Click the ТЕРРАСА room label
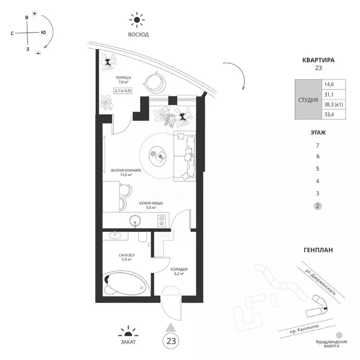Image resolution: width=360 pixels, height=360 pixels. point(123,78)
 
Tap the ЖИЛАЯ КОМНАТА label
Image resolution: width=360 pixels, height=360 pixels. point(126,171)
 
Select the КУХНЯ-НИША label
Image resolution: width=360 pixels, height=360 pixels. point(151,203)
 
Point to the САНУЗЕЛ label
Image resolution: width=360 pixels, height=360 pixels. point(127,255)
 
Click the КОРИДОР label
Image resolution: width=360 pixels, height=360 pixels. point(179,270)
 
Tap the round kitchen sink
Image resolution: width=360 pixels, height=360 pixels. point(135,221)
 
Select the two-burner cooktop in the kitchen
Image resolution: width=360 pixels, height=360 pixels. point(162,220)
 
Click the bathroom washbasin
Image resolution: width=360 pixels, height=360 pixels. point(115,235)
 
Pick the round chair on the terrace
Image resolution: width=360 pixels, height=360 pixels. point(155,82)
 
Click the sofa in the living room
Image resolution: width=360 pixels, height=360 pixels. point(185,156)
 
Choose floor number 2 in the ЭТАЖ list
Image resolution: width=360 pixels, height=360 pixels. point(317,206)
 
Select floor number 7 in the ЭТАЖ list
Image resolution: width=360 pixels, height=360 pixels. point(317,145)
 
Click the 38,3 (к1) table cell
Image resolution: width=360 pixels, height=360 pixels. point(333,105)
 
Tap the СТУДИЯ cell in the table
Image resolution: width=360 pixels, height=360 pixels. point(308,100)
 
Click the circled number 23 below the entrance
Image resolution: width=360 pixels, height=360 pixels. point(171,341)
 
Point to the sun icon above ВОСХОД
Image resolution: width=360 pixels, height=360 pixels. point(136,20)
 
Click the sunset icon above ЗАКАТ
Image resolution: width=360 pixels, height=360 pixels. point(128,332)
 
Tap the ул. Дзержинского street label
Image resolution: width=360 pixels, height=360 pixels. point(320,282)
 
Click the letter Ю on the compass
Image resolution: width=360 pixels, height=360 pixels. point(43,32)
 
